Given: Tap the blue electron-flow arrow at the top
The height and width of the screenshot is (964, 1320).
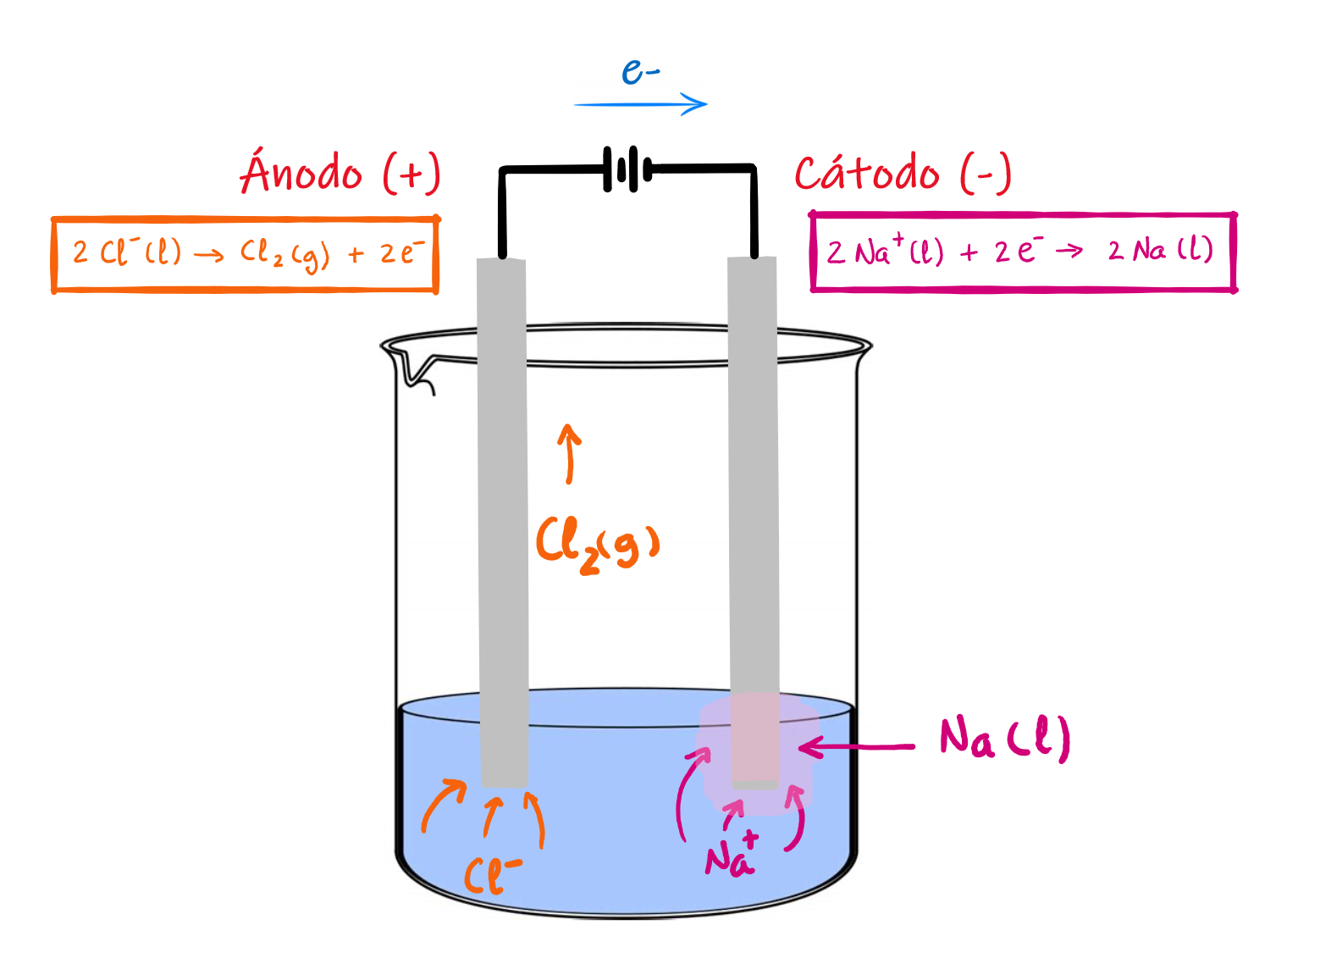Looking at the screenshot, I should click(640, 105).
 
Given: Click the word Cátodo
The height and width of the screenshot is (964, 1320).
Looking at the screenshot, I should click(866, 174).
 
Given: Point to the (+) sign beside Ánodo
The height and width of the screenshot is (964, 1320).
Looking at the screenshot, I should click(411, 174).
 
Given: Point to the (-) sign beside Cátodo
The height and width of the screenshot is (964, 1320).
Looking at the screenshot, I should click(986, 174).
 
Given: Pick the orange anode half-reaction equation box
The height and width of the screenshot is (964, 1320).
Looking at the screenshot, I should click(245, 254).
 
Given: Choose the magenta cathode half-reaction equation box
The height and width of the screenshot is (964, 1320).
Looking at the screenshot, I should click(1023, 252).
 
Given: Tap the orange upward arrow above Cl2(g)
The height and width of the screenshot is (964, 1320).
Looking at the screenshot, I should click(569, 454).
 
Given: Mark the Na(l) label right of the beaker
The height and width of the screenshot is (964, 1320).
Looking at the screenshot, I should click(1004, 737).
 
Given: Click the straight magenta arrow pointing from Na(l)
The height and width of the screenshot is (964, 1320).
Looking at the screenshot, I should click(857, 747).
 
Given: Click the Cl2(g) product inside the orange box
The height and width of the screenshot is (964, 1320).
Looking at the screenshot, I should click(284, 254).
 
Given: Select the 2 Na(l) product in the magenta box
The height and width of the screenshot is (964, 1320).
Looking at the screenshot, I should click(1160, 251).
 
